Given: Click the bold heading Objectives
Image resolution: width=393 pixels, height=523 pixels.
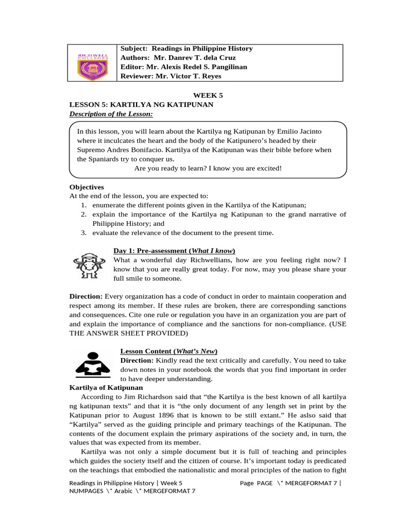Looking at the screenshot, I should coord(86,187).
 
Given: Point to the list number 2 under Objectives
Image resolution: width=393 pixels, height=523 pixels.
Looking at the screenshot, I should coord(83,215).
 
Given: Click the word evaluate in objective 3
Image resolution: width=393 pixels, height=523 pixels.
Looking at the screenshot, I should coord(106,233).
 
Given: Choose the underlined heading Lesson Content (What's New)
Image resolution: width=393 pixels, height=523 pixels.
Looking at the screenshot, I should coord(169,351).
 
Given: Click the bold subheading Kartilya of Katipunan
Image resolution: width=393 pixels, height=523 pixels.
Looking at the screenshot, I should coord(105,388).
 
